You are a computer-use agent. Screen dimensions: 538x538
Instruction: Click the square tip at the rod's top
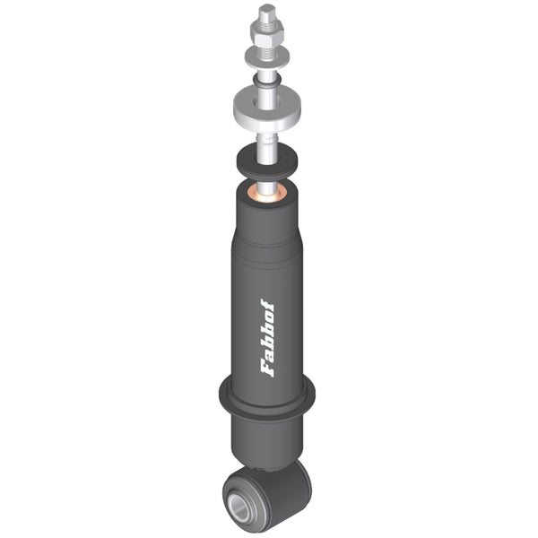point(266,13)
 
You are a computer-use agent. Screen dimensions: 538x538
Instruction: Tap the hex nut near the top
point(267,34)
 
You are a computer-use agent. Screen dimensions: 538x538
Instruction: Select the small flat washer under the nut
point(267,57)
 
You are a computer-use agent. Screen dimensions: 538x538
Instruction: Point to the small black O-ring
point(267,80)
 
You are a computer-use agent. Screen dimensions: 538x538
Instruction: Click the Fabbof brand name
point(267,338)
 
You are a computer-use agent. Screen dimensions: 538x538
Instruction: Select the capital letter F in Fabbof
point(267,369)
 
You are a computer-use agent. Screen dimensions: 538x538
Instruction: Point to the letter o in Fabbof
point(267,317)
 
